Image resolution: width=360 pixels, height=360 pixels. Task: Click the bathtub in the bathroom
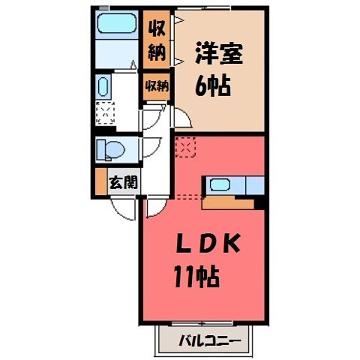[x=117, y=24]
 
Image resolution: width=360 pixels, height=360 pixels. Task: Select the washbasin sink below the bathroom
[x=103, y=86]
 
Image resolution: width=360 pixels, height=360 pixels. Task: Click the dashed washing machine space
[x=105, y=113]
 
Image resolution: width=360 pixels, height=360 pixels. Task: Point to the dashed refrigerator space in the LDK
[x=185, y=147]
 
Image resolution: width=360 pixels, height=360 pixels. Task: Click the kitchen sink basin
[x=220, y=185]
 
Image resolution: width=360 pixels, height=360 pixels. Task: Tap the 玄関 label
[x=123, y=183]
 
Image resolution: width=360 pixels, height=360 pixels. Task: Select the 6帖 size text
[x=212, y=86]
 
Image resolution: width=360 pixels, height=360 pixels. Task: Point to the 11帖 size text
[x=196, y=276]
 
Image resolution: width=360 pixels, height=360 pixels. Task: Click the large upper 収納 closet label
[x=156, y=41]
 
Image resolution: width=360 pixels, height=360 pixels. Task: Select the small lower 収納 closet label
[x=157, y=86]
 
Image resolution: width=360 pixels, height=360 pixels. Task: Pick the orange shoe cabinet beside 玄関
[x=101, y=182]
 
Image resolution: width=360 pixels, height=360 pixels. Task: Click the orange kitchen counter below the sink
[x=228, y=202]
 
